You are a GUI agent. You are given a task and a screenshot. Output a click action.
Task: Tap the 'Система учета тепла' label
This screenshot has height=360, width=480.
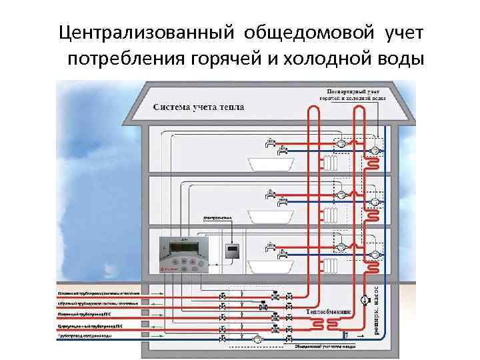click(x=199, y=107)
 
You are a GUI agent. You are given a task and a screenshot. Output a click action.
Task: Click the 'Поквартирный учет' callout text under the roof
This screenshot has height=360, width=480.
click(x=355, y=91)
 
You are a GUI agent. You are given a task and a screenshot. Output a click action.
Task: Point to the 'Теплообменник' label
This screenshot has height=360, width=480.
click(x=327, y=313)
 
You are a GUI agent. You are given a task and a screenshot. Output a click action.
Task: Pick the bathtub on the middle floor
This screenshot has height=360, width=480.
click(x=269, y=216)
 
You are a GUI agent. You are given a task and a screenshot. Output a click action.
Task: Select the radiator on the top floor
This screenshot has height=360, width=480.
click(x=331, y=163)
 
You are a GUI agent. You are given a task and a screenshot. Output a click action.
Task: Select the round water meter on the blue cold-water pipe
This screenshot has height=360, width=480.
click(x=257, y=339)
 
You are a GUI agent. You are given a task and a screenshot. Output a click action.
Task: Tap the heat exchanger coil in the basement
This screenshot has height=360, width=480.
click(x=327, y=324)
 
